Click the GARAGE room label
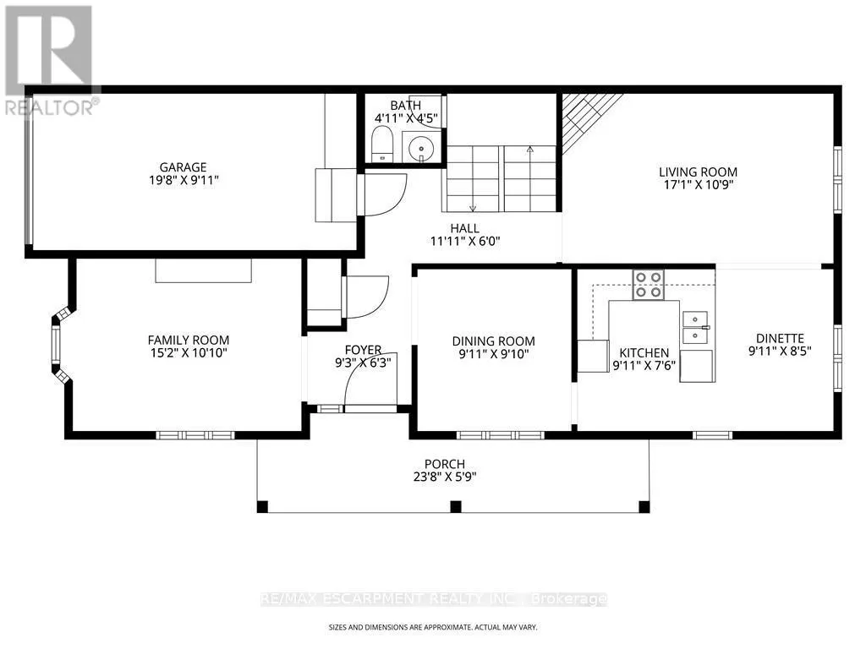coord(183,166)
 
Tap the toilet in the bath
coord(381,144)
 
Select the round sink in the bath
coord(422,148)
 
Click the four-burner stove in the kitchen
coord(649,285)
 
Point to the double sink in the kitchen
coord(696,328)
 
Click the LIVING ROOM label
coord(698,172)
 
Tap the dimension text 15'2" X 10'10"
coord(189,353)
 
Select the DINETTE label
coord(780,338)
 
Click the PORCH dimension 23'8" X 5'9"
coord(445,477)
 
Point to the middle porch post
coord(456,506)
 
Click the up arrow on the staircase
coord(530,149)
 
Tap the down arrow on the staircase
coord(474,208)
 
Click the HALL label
coord(464,228)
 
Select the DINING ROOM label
coord(494,341)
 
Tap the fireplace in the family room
coord(203,270)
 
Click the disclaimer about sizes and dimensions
coord(432,628)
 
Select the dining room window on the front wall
coord(501,435)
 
